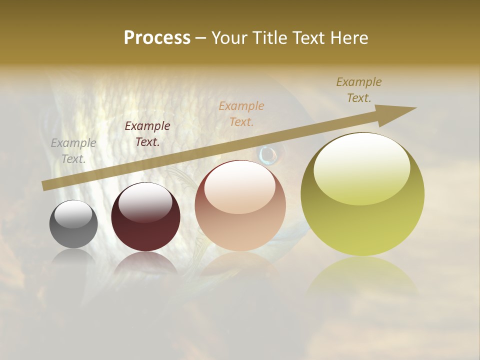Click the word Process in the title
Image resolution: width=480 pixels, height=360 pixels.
157,37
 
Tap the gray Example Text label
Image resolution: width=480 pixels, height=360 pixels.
73,151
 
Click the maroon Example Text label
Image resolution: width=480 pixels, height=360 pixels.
147,134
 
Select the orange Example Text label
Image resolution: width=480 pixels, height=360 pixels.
241,113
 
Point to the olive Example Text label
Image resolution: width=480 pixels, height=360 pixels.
359,90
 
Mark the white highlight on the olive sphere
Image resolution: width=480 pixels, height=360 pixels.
361,167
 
